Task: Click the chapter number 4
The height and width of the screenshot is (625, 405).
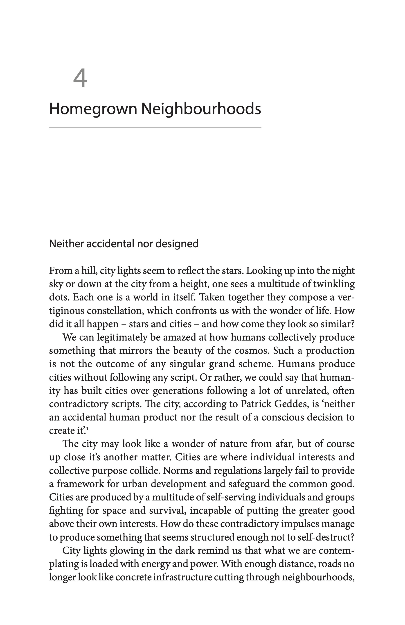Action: [80, 79]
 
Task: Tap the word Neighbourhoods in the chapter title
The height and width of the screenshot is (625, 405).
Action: [201, 109]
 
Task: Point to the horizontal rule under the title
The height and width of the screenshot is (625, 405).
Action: [155, 128]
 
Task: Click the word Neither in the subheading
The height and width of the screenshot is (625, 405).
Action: [66, 244]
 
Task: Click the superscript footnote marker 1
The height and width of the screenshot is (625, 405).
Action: [87, 429]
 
